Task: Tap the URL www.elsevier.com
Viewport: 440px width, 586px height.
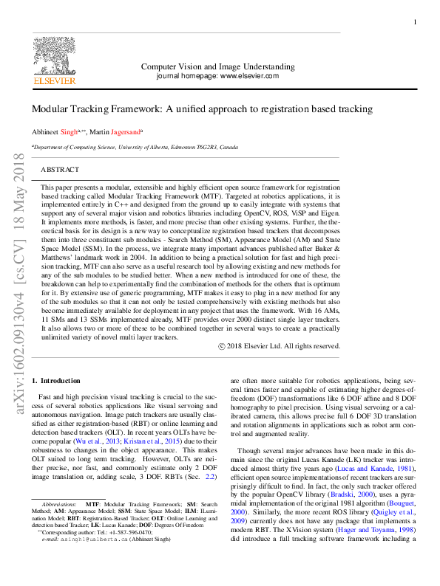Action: point(249,75)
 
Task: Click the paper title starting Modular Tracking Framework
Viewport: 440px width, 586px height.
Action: point(202,108)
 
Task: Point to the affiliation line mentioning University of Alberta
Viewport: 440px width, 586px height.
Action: point(135,147)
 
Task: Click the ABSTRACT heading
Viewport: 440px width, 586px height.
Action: point(61,169)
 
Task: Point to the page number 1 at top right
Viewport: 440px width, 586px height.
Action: point(415,23)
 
